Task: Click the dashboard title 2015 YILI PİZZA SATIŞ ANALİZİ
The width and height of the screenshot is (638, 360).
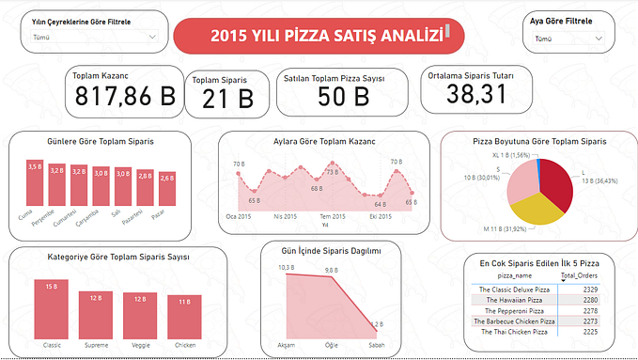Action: click(x=314, y=36)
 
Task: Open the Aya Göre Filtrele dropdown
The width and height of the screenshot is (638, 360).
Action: click(x=569, y=39)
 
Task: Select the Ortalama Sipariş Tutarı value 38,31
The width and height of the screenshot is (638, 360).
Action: click(x=476, y=93)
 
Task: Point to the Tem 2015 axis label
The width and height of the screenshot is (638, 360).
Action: click(x=332, y=216)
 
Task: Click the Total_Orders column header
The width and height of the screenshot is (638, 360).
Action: click(x=581, y=275)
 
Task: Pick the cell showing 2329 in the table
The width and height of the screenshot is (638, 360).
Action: click(x=584, y=289)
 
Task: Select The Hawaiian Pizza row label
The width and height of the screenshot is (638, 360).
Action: click(x=514, y=300)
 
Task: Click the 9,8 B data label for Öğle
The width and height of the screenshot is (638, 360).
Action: click(x=332, y=270)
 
